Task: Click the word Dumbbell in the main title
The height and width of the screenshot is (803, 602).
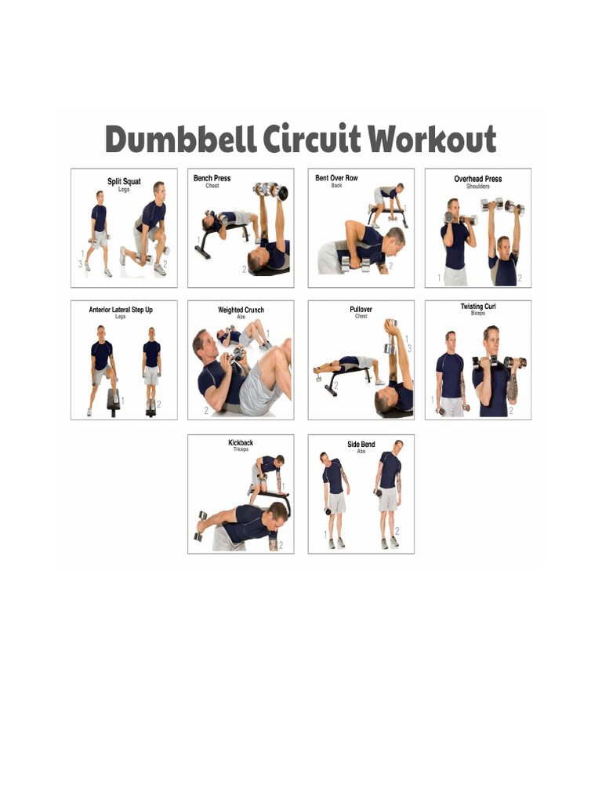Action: point(181,140)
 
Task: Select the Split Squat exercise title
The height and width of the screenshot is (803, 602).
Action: point(124,182)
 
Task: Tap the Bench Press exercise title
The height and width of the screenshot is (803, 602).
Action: point(212,179)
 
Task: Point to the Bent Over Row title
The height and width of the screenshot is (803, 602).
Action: point(336,179)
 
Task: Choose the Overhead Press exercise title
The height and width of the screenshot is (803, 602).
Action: point(477,180)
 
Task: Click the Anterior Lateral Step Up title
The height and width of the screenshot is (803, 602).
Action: point(121,310)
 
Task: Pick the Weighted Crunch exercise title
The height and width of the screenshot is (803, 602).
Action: point(241,311)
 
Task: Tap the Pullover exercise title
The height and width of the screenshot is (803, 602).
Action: point(361,310)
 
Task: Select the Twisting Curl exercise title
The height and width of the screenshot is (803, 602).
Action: point(478,307)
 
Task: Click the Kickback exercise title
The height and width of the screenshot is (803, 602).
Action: point(241,443)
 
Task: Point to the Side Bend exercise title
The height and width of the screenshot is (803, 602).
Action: point(361,445)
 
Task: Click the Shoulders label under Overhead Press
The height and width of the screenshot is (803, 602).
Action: point(477,187)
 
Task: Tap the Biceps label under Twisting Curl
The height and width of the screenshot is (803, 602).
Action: point(478,314)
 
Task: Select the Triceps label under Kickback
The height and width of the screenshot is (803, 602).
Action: point(241,450)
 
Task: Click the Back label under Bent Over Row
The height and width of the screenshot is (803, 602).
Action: point(336,186)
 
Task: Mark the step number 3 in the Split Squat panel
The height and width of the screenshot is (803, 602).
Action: point(80,265)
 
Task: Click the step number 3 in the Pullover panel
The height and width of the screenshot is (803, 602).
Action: point(408,349)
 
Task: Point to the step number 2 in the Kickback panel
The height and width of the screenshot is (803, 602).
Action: point(281,545)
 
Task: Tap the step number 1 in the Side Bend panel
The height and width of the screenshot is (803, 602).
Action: point(325,534)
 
